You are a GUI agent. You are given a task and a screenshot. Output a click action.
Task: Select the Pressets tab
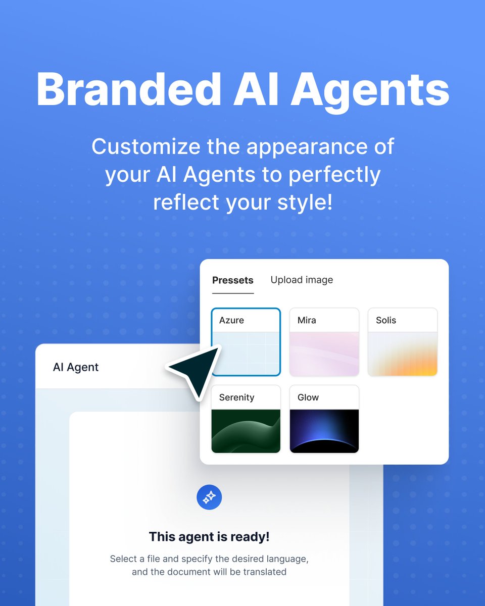tap(233, 280)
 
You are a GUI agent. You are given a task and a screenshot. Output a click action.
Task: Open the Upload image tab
tap(302, 280)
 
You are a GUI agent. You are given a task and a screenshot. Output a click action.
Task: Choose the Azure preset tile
tap(246, 342)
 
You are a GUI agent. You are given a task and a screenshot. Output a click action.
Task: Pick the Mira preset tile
tap(324, 342)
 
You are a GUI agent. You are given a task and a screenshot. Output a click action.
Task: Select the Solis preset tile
tap(402, 342)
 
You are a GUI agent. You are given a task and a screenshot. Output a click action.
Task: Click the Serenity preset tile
tap(246, 419)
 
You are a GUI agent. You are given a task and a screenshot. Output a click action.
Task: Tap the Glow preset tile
tap(324, 419)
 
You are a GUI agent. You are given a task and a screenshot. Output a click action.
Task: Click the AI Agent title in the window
tap(76, 367)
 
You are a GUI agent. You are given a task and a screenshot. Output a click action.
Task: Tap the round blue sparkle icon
tap(209, 497)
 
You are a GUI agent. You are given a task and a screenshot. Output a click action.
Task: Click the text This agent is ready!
tap(209, 536)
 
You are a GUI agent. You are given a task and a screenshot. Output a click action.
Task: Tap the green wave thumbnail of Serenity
tap(246, 431)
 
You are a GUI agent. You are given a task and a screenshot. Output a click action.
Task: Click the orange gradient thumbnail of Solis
tap(402, 354)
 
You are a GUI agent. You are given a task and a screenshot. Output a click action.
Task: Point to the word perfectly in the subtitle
tap(334, 175)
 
